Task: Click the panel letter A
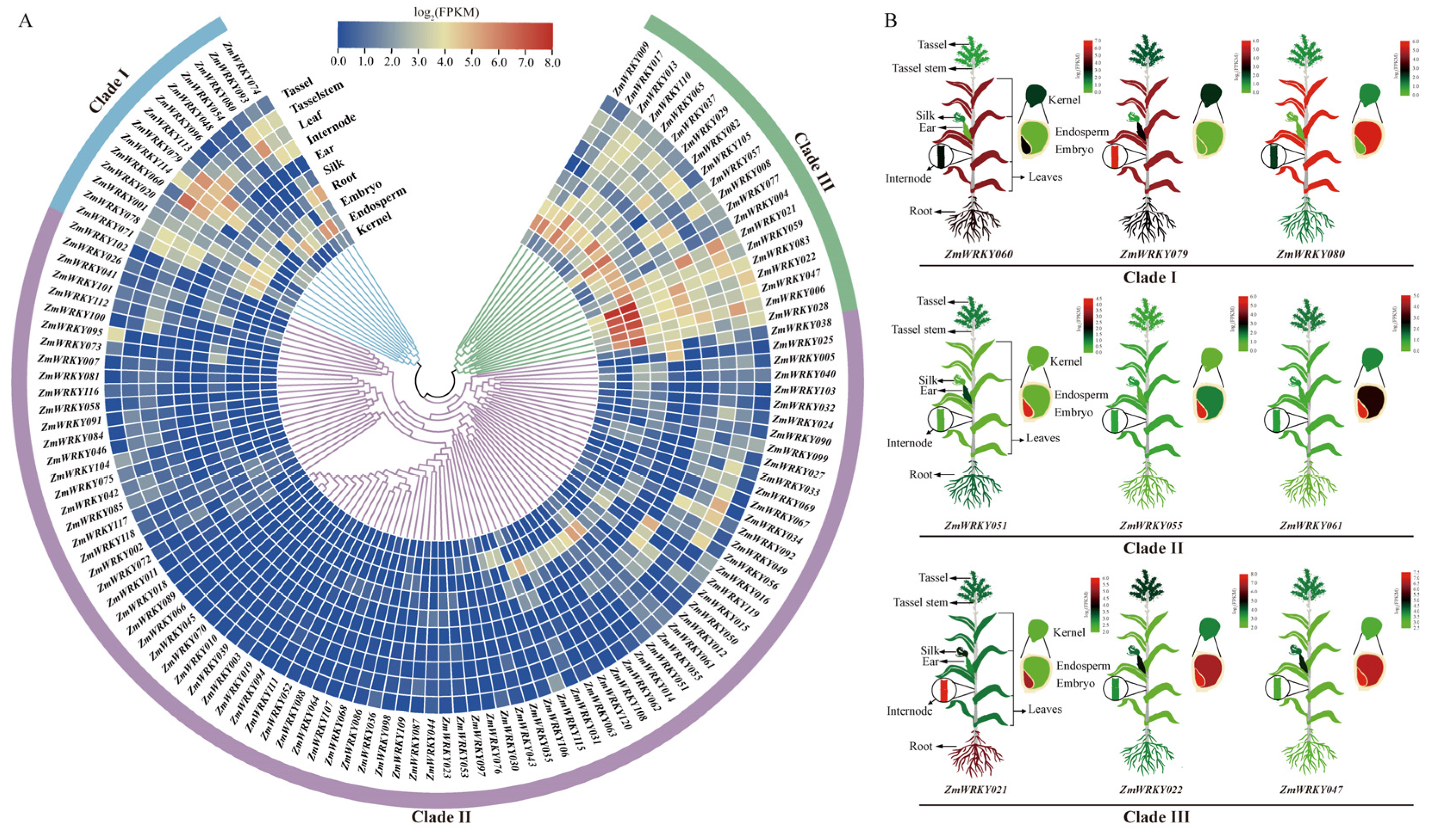25,22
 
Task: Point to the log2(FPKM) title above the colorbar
446,11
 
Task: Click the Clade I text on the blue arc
109,90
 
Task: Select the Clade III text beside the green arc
813,162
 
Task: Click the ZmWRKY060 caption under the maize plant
978,254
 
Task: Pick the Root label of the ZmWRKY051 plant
921,474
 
